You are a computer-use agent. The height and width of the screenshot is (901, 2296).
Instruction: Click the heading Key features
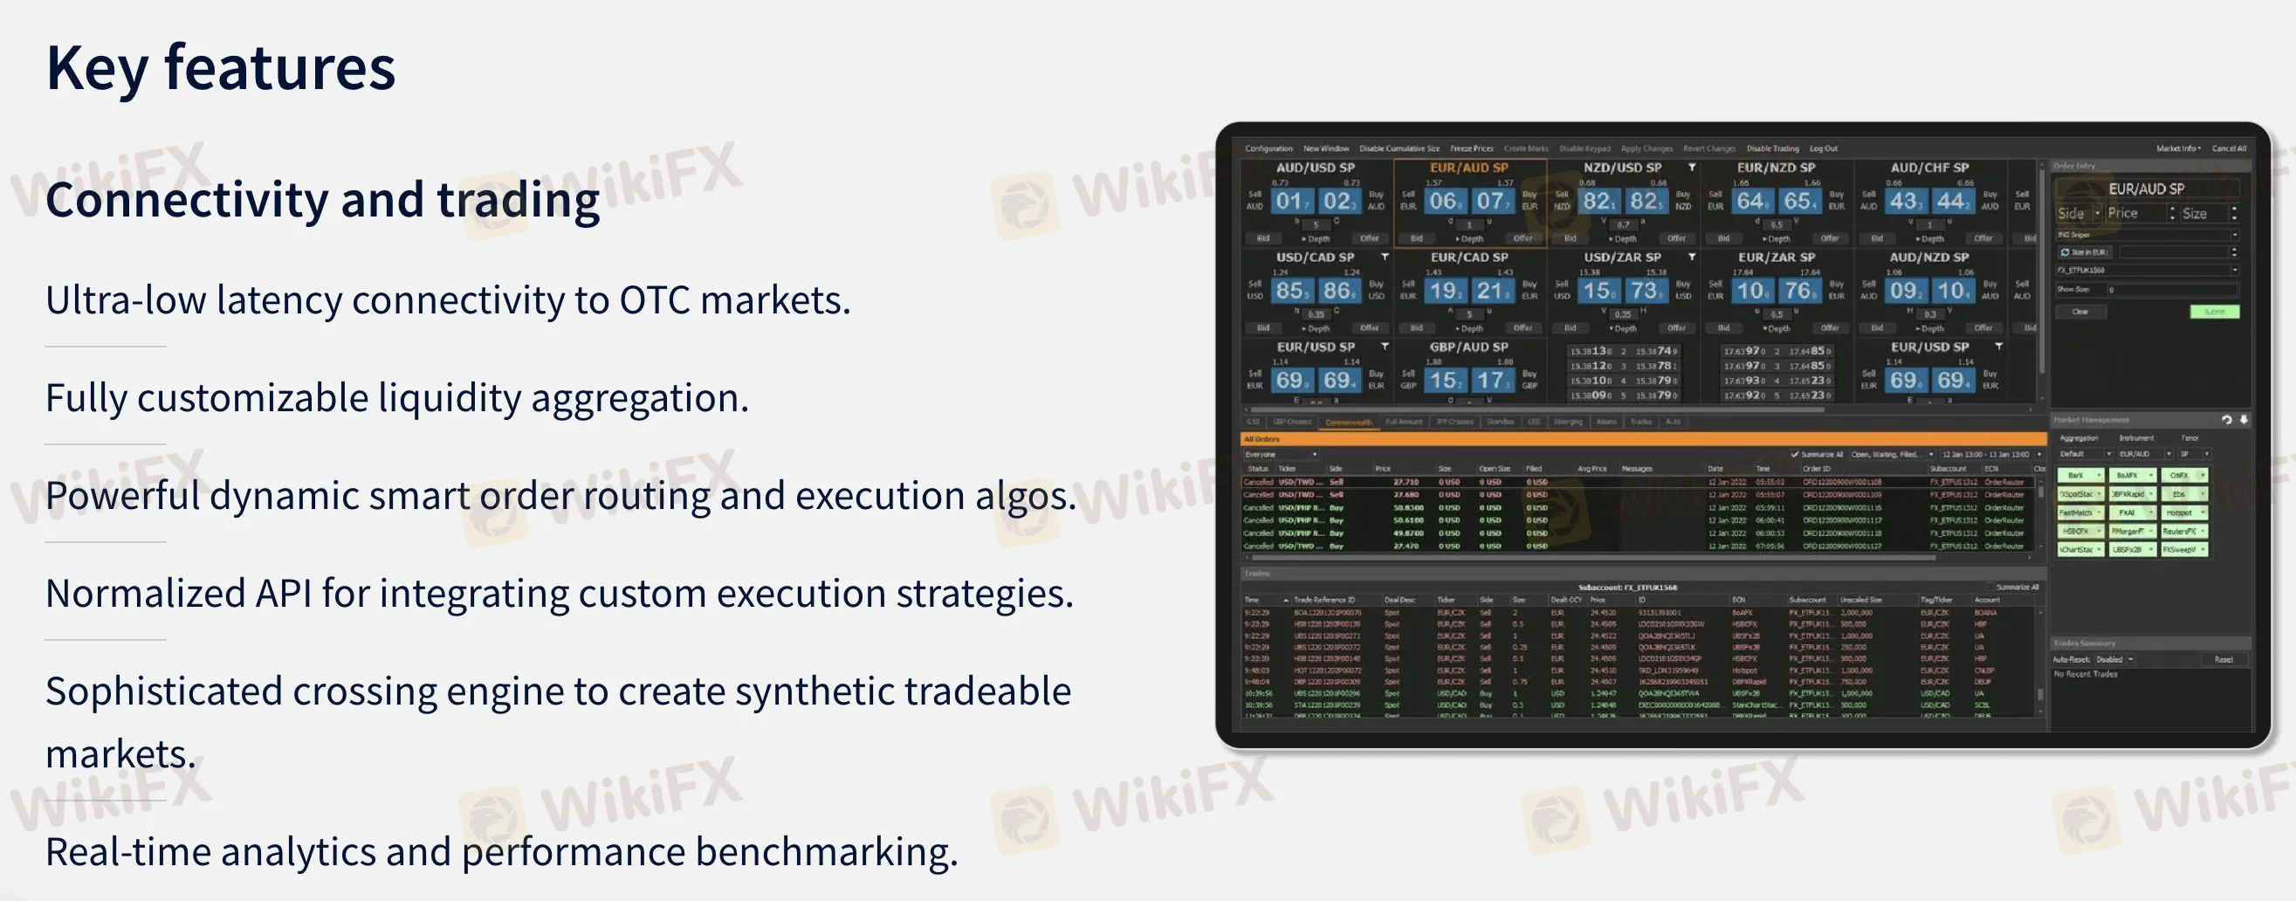pyautogui.click(x=220, y=69)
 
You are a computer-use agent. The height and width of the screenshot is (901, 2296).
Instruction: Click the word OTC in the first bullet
pyautogui.click(x=654, y=300)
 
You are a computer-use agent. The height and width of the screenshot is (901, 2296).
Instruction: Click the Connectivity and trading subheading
pyautogui.click(x=322, y=200)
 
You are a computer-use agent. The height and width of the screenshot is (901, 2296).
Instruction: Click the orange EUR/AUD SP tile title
pyautogui.click(x=1469, y=168)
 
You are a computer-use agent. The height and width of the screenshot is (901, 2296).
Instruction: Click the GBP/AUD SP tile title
pyautogui.click(x=1469, y=347)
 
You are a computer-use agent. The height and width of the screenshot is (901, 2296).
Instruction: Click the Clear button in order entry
pyautogui.click(x=2080, y=312)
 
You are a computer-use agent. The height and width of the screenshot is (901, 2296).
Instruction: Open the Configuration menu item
pyautogui.click(x=1268, y=148)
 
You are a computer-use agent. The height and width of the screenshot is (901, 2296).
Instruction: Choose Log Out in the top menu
pyautogui.click(x=1824, y=148)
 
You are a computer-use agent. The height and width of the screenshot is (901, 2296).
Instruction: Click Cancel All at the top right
pyautogui.click(x=2228, y=148)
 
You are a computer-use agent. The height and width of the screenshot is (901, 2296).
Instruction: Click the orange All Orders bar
pyautogui.click(x=1640, y=438)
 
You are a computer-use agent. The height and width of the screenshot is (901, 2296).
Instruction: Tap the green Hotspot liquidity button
pyautogui.click(x=2183, y=512)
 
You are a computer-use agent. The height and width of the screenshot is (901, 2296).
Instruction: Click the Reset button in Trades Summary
pyautogui.click(x=2223, y=659)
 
